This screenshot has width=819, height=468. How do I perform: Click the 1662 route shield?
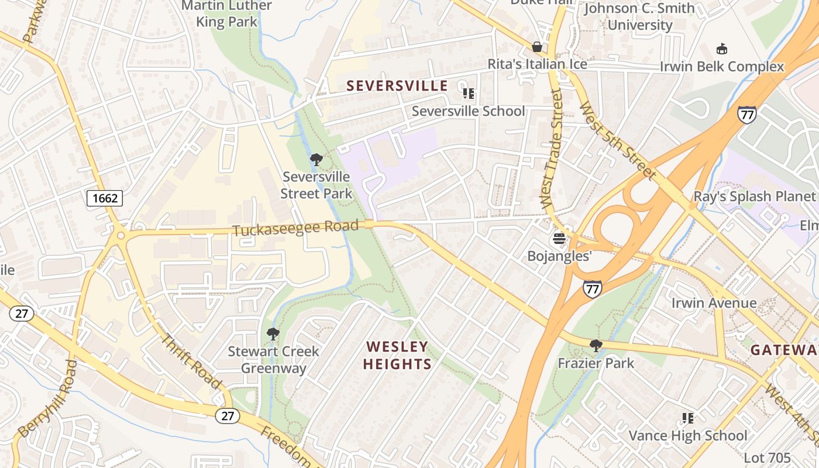[x=105, y=198]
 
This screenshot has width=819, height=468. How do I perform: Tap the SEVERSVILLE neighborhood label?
[x=397, y=86]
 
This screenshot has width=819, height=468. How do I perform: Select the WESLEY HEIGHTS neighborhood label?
[x=397, y=355]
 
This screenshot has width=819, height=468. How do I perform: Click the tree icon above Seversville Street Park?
[x=316, y=159]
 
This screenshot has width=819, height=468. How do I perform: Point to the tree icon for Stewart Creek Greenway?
[x=273, y=334]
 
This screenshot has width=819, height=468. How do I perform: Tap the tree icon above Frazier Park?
[x=596, y=346]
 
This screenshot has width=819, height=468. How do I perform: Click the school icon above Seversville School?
[x=468, y=94]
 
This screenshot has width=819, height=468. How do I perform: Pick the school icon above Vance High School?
[x=688, y=418]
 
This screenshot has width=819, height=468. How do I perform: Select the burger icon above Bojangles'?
[x=560, y=239]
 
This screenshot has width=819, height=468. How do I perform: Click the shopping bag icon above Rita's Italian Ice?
[x=537, y=47]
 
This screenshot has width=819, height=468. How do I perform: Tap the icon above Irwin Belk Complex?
[x=722, y=49]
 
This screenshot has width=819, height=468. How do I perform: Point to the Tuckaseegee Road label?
[x=295, y=228]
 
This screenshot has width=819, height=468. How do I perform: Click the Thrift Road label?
[x=191, y=361]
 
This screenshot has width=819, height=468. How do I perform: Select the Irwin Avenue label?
[x=714, y=303]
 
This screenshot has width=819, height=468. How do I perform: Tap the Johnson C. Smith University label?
[x=639, y=16]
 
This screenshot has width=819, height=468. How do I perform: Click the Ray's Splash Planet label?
[x=754, y=197]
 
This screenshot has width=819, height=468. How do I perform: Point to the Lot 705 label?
[x=767, y=457]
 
